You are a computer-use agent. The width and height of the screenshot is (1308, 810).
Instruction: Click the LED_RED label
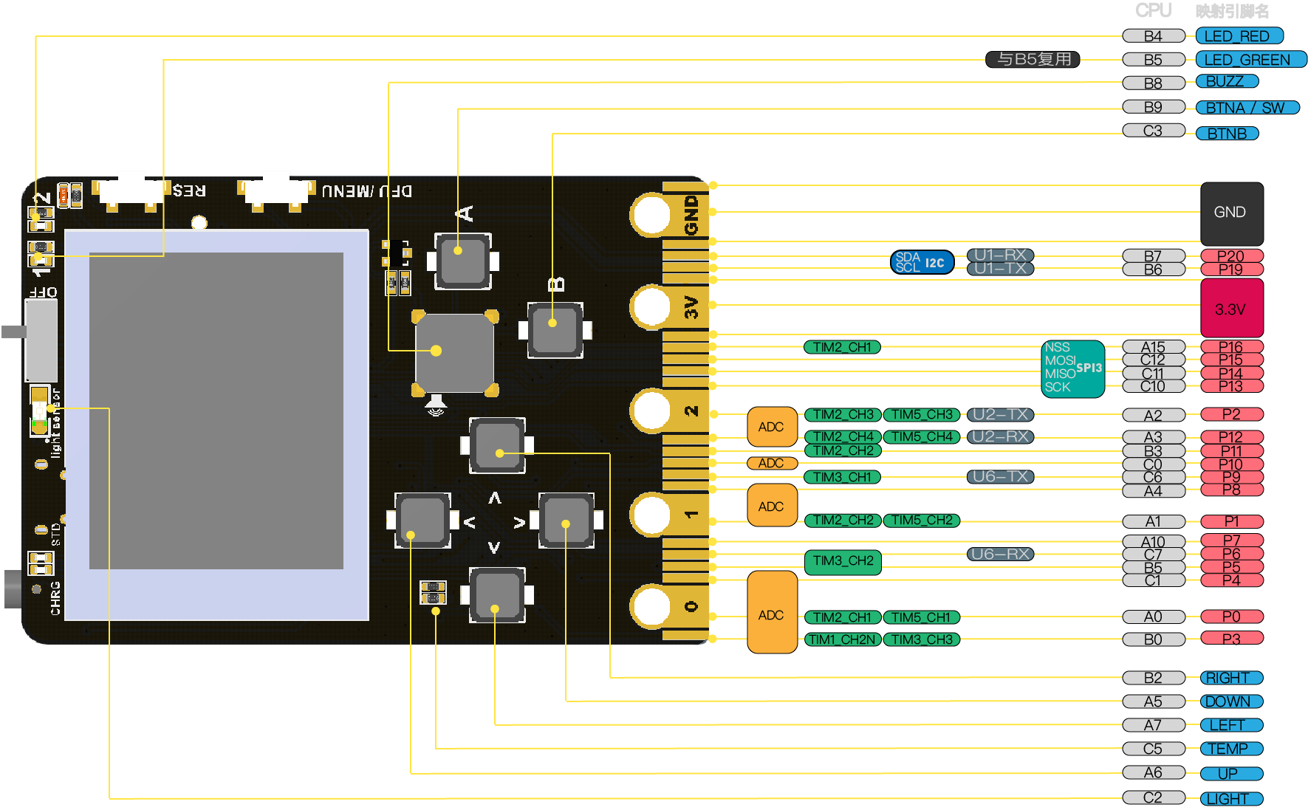tap(1239, 36)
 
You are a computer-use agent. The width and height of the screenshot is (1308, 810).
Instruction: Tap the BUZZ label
tap(1227, 82)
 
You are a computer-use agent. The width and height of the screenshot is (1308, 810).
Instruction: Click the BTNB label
tap(1227, 134)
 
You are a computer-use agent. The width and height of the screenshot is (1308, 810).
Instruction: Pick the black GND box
tap(1231, 213)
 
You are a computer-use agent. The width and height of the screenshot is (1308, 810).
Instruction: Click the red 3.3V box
tap(1231, 309)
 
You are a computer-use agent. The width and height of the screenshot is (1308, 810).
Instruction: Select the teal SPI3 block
tap(1073, 368)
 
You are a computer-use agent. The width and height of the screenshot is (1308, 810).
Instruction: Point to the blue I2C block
tap(922, 262)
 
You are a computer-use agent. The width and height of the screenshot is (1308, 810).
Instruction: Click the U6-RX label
tap(1000, 554)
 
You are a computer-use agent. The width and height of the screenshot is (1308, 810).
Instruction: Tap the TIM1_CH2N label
tap(843, 639)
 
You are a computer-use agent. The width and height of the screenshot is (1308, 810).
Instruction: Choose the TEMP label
tap(1230, 749)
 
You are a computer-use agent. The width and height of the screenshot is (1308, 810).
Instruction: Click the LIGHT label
tap(1230, 799)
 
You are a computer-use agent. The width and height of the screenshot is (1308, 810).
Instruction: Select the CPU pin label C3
tap(1153, 131)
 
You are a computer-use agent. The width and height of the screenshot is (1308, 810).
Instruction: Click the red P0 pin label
tap(1231, 617)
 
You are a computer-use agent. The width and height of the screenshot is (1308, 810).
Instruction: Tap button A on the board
tap(462, 261)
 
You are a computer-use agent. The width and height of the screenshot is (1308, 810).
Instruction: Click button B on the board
tap(555, 329)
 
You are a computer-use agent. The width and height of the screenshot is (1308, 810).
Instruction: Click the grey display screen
tap(216, 411)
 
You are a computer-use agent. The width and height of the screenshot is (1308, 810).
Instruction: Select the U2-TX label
tap(1000, 415)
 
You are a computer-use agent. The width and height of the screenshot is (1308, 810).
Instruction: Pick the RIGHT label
tap(1230, 678)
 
